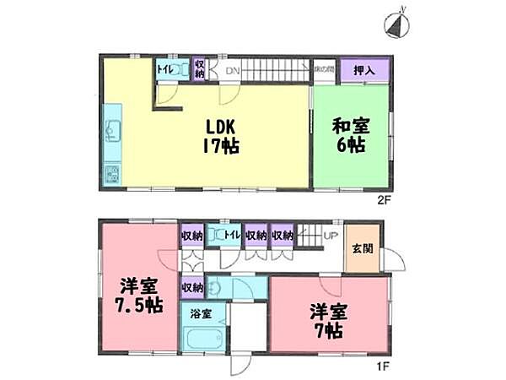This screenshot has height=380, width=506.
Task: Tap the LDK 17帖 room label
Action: click(x=221, y=136)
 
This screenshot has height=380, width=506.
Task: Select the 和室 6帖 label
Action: click(x=347, y=136)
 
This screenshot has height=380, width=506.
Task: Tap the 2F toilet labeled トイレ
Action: click(x=165, y=70)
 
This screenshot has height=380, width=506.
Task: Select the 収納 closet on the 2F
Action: click(x=200, y=68)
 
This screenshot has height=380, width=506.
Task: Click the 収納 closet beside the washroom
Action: click(x=192, y=288)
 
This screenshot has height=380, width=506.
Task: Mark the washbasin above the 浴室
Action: click(x=217, y=287)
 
